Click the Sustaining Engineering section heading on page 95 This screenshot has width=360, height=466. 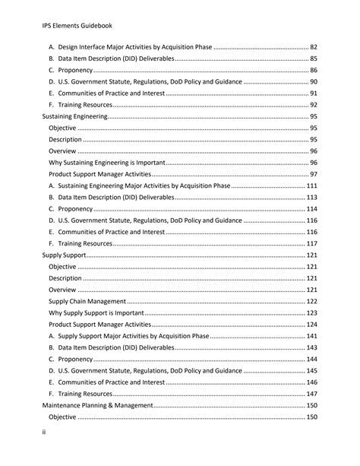tap(74, 116)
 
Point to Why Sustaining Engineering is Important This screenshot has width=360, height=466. tap(107, 163)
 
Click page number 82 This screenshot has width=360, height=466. tap(313, 47)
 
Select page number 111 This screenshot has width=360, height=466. tap(311, 185)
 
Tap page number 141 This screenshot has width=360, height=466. tap(311, 336)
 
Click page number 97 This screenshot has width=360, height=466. tap(313, 174)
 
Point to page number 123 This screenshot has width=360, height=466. tap(311, 312)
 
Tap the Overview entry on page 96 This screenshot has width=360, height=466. tap(62, 151)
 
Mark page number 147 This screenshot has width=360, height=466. tap(311, 394)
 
